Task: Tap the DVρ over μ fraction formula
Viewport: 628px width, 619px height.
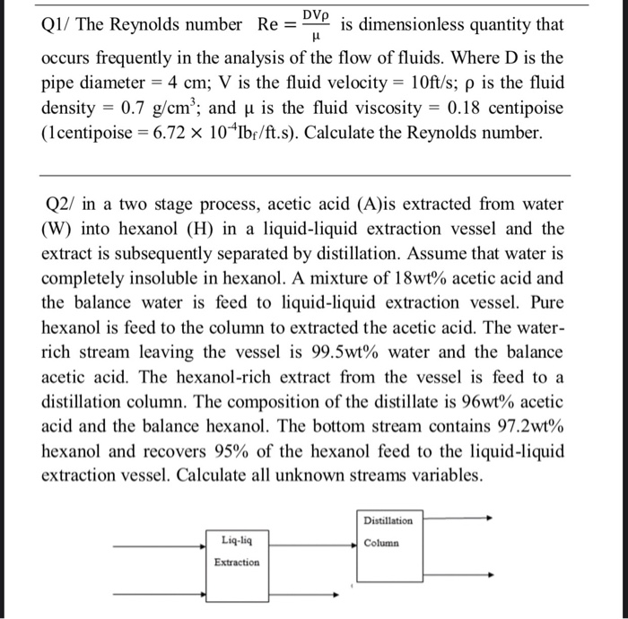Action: [x=313, y=25]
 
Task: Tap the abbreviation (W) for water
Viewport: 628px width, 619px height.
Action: [x=58, y=229]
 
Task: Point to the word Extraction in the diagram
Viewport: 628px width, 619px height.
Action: [x=237, y=562]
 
